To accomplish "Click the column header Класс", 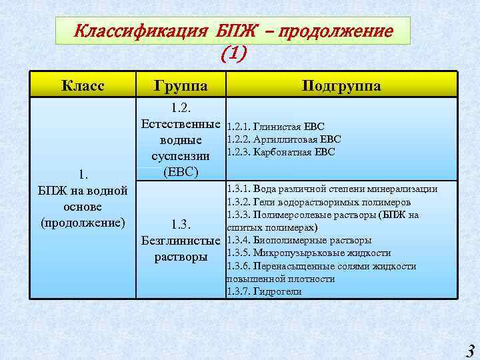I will tap(83, 85).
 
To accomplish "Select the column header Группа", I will tap(181, 85).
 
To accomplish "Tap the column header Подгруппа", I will tap(341, 85).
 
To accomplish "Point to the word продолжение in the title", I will tap(339, 31).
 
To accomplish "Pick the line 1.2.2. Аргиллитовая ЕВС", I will tap(284, 139).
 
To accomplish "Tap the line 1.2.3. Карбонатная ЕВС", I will tap(281, 152).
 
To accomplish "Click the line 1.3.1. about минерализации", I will tap(332, 189).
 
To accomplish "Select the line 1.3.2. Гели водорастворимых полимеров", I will tap(319, 202).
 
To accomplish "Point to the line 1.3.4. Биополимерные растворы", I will tap(299, 240).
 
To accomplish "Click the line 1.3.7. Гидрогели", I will tap(264, 291).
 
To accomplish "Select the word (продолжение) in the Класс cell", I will tap(83, 222).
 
